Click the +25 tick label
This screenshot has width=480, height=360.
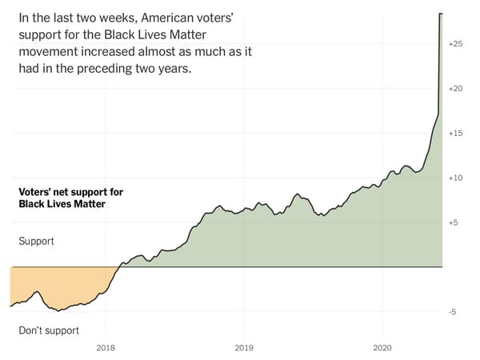coord(455,44)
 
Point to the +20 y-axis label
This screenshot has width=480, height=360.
coord(455,89)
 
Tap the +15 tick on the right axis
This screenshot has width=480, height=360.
coord(455,133)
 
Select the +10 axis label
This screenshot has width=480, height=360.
coord(455,178)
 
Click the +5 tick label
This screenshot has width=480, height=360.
coord(454,222)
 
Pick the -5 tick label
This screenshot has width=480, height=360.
coord(453,312)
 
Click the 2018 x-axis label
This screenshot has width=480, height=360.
coord(106,348)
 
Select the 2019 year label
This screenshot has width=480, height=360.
coord(244,348)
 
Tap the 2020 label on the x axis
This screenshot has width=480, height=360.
coord(382,348)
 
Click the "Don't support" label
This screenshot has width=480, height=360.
coord(49,330)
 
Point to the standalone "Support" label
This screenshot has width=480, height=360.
coord(37,242)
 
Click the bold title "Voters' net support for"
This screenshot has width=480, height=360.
coord(71,192)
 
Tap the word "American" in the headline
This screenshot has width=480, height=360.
coord(165,18)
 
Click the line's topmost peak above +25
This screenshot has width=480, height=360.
coord(441,14)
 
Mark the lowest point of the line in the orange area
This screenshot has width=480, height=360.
coord(58,310)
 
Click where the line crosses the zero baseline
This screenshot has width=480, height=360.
coord(119,267)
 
